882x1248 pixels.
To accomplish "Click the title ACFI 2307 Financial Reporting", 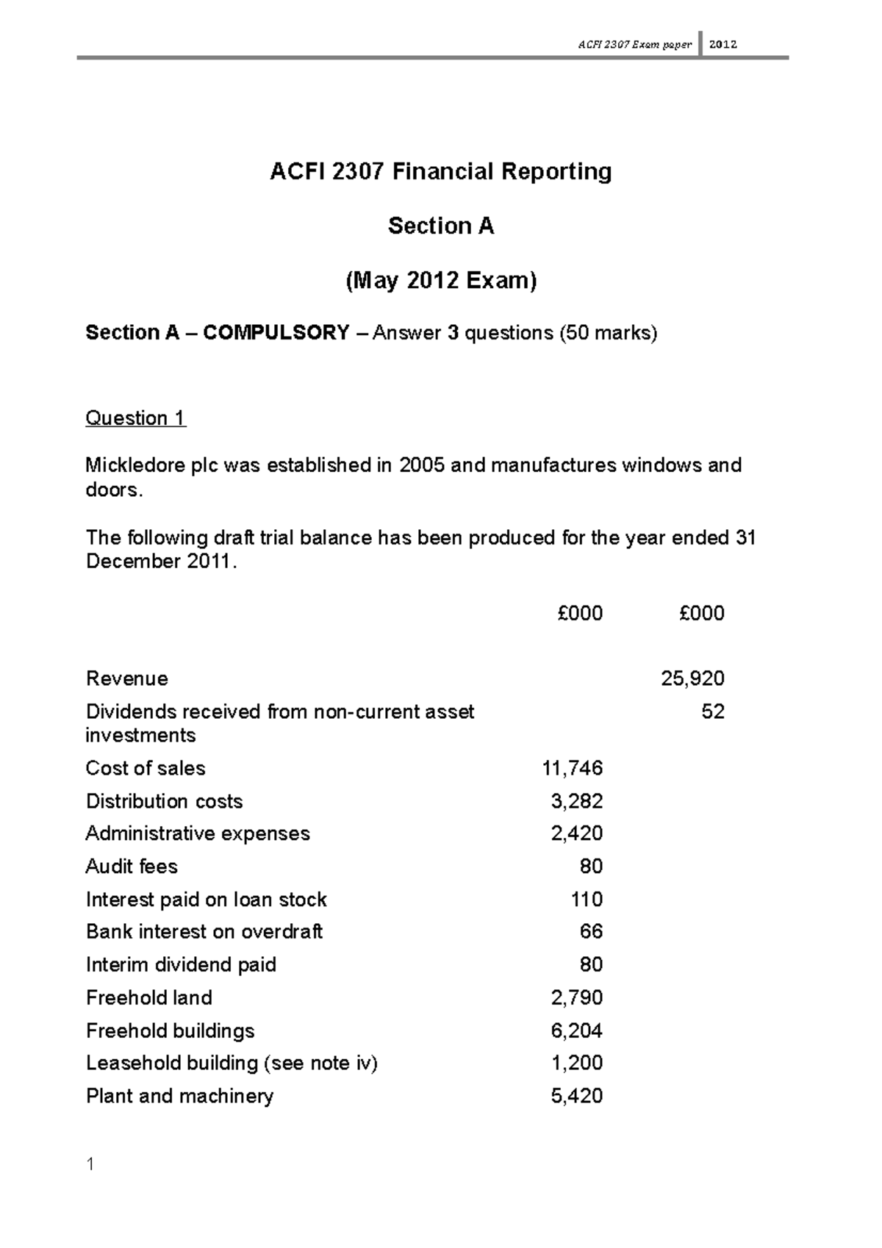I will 440,172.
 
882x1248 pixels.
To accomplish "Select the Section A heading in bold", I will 440,226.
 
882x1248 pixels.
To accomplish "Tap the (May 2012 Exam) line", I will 441,280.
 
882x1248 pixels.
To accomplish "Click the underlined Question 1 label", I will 136,418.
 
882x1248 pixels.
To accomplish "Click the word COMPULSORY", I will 276,333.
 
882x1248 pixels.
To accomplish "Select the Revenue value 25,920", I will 692,678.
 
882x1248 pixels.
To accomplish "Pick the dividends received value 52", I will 713,711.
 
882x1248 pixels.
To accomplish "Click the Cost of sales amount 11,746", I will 572,768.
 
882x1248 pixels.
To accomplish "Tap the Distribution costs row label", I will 164,801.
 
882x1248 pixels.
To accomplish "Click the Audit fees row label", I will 132,867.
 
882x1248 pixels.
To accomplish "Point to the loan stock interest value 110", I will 587,900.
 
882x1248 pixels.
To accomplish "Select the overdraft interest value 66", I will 591,931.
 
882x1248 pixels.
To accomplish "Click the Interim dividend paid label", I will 181,964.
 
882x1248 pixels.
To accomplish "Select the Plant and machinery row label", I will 179,1096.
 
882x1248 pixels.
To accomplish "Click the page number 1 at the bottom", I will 90,1164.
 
